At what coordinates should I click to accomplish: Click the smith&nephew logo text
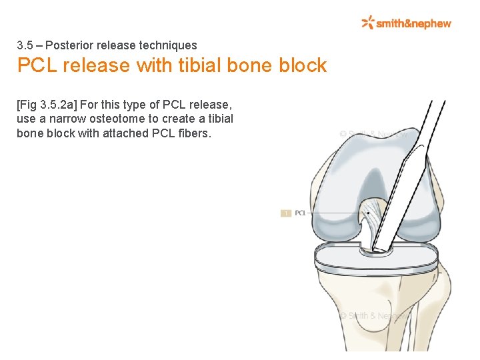[413, 23]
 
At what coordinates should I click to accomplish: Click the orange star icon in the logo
[367, 23]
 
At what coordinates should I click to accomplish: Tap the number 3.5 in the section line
[25, 46]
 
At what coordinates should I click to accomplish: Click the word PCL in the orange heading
[36, 65]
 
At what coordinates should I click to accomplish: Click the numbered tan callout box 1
[285, 213]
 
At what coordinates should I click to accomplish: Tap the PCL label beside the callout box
[301, 213]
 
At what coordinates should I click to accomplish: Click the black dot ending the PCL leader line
[367, 213]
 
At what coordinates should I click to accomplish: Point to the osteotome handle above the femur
[427, 127]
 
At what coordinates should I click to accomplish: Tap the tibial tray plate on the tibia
[377, 262]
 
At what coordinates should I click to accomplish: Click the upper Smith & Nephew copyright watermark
[373, 134]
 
